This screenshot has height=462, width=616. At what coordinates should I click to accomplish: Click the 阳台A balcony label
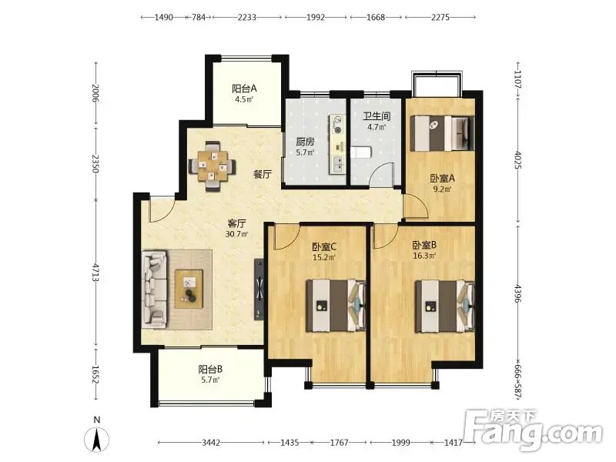tap(244, 89)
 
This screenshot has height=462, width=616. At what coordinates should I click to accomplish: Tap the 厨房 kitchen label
tap(305, 142)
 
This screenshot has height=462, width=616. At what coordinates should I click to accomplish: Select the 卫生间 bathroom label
tap(377, 116)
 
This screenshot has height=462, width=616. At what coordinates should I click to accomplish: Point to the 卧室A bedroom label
tap(442, 179)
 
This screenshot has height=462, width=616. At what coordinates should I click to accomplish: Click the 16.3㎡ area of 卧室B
tap(424, 256)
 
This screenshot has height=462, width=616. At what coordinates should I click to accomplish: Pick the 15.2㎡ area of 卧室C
tap(324, 258)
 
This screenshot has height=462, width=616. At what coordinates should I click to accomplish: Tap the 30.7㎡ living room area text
tap(236, 234)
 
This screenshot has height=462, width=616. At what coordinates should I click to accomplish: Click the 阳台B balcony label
tap(210, 370)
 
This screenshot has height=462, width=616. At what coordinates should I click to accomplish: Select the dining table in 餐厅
tap(213, 166)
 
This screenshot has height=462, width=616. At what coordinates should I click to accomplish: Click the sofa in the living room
tap(155, 290)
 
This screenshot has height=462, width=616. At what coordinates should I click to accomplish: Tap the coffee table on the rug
tap(189, 290)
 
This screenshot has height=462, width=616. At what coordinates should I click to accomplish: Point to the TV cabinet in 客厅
tap(259, 290)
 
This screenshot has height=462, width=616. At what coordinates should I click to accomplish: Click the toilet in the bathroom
tap(360, 152)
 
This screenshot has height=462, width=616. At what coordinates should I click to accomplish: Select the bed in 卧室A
tap(442, 133)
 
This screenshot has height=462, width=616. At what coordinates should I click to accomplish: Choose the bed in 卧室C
tap(336, 306)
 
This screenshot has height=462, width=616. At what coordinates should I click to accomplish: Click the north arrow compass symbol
tap(97, 440)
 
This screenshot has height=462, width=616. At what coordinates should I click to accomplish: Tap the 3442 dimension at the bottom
tap(211, 443)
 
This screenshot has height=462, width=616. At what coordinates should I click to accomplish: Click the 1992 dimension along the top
tap(316, 17)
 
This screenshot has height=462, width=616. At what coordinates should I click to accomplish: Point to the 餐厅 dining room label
tap(263, 174)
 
